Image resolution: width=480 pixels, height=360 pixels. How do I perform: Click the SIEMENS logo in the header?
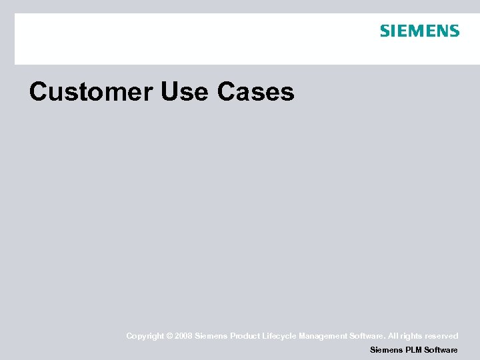coord(419,31)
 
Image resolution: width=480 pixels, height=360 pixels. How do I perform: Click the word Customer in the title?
coord(91,92)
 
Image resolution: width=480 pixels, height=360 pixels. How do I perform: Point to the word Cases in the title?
coord(255,92)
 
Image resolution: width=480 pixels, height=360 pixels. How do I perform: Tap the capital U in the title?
coord(169,92)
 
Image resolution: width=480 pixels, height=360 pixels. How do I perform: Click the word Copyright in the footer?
coord(144,336)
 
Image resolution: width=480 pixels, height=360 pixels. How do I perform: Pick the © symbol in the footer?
coord(168,336)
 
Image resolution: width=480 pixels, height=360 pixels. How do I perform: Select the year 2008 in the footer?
coord(183,336)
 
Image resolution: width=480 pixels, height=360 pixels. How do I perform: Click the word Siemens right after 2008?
coord(211,336)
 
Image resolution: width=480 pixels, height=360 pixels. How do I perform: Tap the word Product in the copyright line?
coord(246,336)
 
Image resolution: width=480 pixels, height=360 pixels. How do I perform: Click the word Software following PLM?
coord(441,350)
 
